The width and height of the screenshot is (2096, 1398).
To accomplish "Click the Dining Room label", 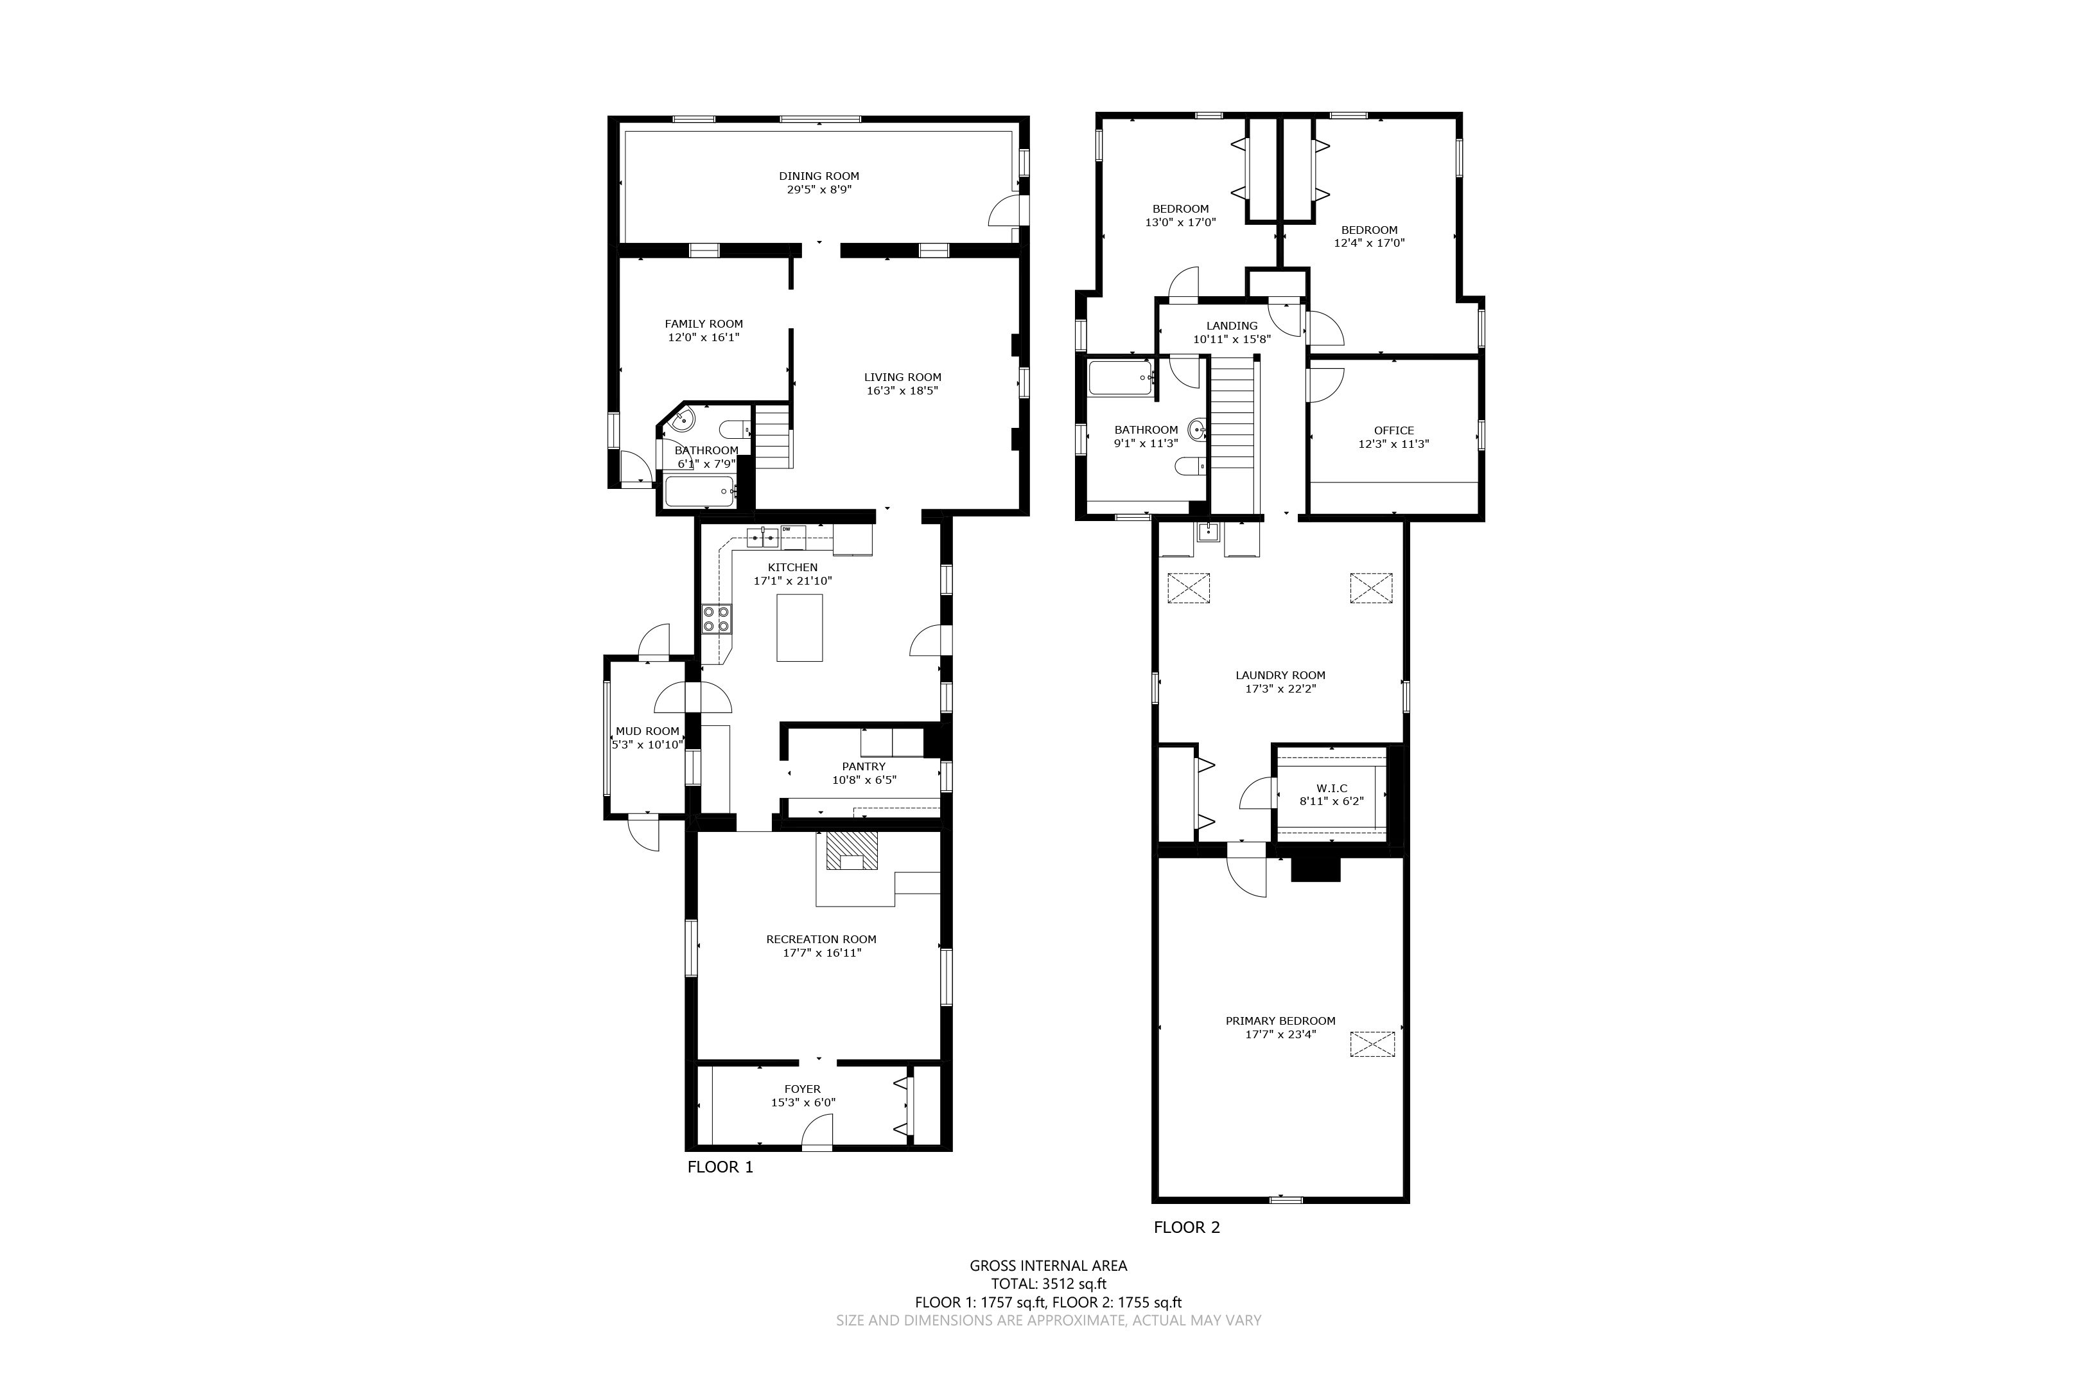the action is tap(818, 177).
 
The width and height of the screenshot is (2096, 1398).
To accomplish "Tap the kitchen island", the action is tap(799, 628).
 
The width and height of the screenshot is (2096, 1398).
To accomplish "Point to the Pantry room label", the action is tap(864, 766).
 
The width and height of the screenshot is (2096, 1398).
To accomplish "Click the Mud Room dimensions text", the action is tap(648, 745).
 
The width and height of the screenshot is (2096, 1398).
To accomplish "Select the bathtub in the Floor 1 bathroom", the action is tap(699, 491).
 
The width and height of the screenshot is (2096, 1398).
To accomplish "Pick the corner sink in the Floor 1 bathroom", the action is tap(683, 418).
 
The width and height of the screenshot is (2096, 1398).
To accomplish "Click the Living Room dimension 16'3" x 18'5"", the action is tap(902, 391).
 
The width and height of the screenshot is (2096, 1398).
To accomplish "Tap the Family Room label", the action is tap(703, 324).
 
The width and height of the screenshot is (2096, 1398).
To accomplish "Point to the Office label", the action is tap(1393, 430).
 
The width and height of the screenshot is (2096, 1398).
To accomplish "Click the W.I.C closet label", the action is tap(1331, 788).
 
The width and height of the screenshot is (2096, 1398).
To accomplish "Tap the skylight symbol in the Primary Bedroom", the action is tap(1372, 1044).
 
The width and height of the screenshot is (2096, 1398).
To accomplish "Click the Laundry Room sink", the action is tap(1207, 533).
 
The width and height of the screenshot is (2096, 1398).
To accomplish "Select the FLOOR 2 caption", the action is tap(1187, 1228).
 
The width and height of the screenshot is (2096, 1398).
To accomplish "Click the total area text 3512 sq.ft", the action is tap(1073, 1284).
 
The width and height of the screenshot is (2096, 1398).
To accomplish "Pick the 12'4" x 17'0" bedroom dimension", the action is tap(1369, 242).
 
